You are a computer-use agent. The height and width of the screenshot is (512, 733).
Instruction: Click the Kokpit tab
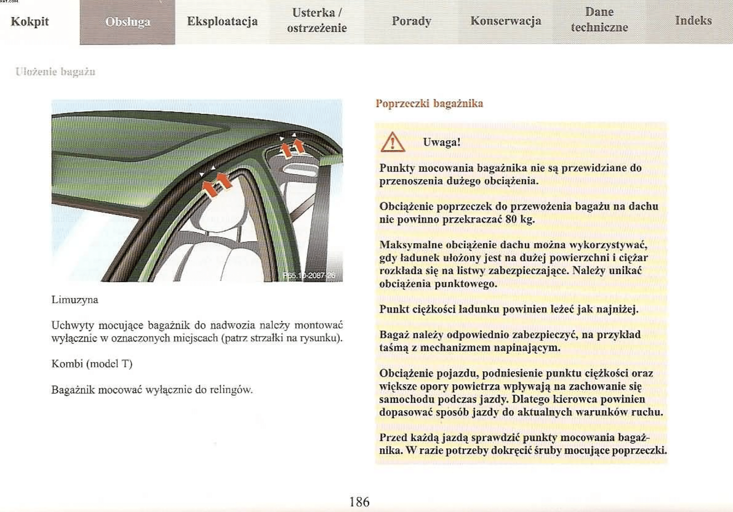pos(30,21)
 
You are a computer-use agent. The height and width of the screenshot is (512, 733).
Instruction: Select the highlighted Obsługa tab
pos(128,22)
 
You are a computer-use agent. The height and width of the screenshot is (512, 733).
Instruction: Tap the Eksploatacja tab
pos(222,21)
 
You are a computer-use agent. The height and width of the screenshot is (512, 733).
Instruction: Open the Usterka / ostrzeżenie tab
pos(317,21)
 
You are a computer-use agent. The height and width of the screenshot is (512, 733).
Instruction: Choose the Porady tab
pos(411,21)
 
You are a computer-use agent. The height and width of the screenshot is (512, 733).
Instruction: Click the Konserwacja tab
pos(506,21)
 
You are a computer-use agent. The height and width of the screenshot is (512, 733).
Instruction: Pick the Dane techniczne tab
pos(599,20)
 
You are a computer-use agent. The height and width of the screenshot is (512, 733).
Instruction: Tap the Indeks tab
pos(693,21)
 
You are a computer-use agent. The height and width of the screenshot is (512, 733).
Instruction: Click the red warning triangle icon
pos(393,142)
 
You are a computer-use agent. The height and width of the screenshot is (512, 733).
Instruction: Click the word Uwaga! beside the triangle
pos(442,142)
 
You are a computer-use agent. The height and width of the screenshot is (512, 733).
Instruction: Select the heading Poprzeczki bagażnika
pos(429,103)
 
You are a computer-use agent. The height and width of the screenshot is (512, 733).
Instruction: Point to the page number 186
pos(359,502)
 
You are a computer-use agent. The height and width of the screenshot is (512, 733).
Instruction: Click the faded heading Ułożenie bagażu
pos(55,72)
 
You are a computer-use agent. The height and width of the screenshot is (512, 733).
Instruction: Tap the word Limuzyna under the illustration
pos(75,300)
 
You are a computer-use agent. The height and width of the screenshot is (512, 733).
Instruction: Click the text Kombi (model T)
pos(92,364)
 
